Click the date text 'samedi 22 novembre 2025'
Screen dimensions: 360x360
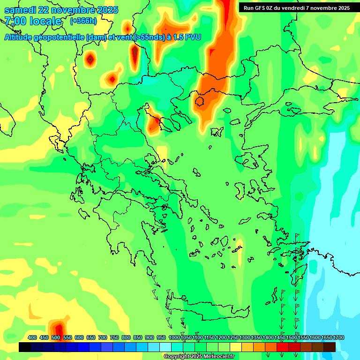click(61, 10)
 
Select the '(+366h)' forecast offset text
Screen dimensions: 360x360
click(83, 21)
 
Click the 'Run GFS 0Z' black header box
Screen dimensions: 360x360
click(296, 7)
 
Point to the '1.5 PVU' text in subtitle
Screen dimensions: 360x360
click(187, 37)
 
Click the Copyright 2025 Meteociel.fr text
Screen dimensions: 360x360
click(199, 356)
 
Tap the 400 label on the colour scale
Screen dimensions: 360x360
click(32, 337)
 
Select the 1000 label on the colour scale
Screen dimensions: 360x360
click(174, 337)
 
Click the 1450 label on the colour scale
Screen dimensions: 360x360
click(280, 337)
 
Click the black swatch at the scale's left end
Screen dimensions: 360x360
click(25, 347)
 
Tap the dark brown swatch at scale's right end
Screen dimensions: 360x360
click(330, 347)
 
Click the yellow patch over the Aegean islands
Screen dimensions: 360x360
click(239, 253)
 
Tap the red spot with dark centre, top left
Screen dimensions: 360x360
click(90, 60)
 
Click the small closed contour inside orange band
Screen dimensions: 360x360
click(200, 101)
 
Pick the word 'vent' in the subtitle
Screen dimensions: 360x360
click(123, 37)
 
